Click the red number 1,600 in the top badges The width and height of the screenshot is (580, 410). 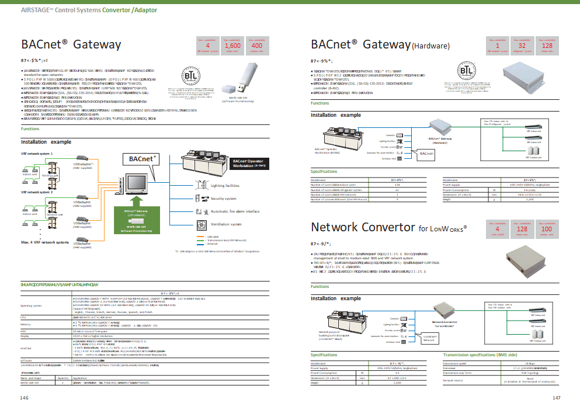point(232,45)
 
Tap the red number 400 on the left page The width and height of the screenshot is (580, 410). point(256,45)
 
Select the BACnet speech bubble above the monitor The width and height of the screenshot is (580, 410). point(140,159)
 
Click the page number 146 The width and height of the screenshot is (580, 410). point(24,398)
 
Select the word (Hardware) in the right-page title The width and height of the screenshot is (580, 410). point(430,46)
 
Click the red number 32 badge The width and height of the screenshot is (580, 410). point(522,45)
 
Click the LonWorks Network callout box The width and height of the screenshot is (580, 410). point(430,338)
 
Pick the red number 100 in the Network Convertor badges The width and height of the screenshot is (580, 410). point(547,230)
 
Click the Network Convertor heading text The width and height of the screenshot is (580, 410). point(362,227)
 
